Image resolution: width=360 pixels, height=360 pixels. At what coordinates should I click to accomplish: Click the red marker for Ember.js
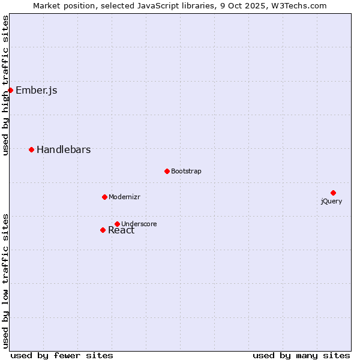pos(10,91)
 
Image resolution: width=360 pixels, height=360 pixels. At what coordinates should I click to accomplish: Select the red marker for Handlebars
pos(31,149)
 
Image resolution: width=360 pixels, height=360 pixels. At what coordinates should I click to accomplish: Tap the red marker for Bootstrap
pos(167,171)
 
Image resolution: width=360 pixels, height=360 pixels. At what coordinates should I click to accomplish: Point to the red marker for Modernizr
pos(104,197)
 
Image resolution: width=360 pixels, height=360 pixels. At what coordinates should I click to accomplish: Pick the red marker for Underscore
pos(117,224)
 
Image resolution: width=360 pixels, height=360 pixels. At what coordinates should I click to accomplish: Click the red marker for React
pos(103,230)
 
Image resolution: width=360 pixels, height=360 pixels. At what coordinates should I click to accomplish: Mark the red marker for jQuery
pos(333,193)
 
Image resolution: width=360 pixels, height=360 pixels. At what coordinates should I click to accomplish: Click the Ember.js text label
pos(37,91)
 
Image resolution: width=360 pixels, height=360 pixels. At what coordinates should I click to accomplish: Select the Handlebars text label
pos(64,150)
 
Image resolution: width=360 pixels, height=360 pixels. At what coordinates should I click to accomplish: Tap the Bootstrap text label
pos(186,172)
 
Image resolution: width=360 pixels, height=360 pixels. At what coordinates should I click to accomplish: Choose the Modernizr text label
pos(124,197)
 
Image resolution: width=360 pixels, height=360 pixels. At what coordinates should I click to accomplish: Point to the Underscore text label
pos(139,224)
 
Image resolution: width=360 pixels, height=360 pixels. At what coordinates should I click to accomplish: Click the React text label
pos(121,231)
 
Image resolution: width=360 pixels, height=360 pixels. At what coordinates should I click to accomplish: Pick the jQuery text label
pos(331,202)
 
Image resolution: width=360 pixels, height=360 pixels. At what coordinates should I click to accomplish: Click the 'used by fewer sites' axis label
pos(62,355)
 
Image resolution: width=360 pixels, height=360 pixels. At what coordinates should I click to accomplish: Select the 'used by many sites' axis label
pos(301,355)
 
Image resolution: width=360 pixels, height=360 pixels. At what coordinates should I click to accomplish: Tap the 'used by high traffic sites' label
pos(6,85)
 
